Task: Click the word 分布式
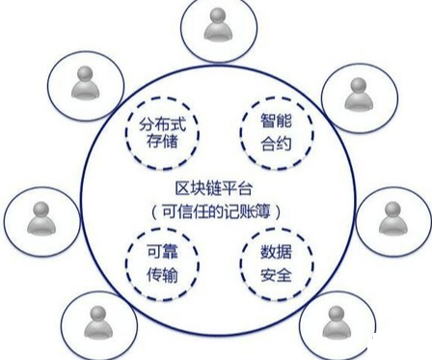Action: point(162,125)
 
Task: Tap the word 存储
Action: point(162,141)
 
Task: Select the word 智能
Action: point(276,121)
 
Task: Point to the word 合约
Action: point(276,144)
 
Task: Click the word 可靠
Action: point(162,251)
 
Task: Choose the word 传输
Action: point(162,275)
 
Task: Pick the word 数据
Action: point(276,252)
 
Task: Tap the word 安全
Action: point(276,275)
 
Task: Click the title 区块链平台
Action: point(214,188)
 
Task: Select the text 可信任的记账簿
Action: point(216,211)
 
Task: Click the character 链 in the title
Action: point(214,188)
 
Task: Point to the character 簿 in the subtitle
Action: point(262,211)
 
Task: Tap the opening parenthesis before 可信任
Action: point(154,212)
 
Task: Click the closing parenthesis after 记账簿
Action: point(278,212)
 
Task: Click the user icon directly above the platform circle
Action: point(218,25)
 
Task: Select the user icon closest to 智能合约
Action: point(359,95)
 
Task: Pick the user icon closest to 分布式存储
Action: point(86,83)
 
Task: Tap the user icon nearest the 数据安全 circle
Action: point(337,322)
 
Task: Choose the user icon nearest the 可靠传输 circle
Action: point(98,322)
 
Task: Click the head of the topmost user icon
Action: point(219,15)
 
